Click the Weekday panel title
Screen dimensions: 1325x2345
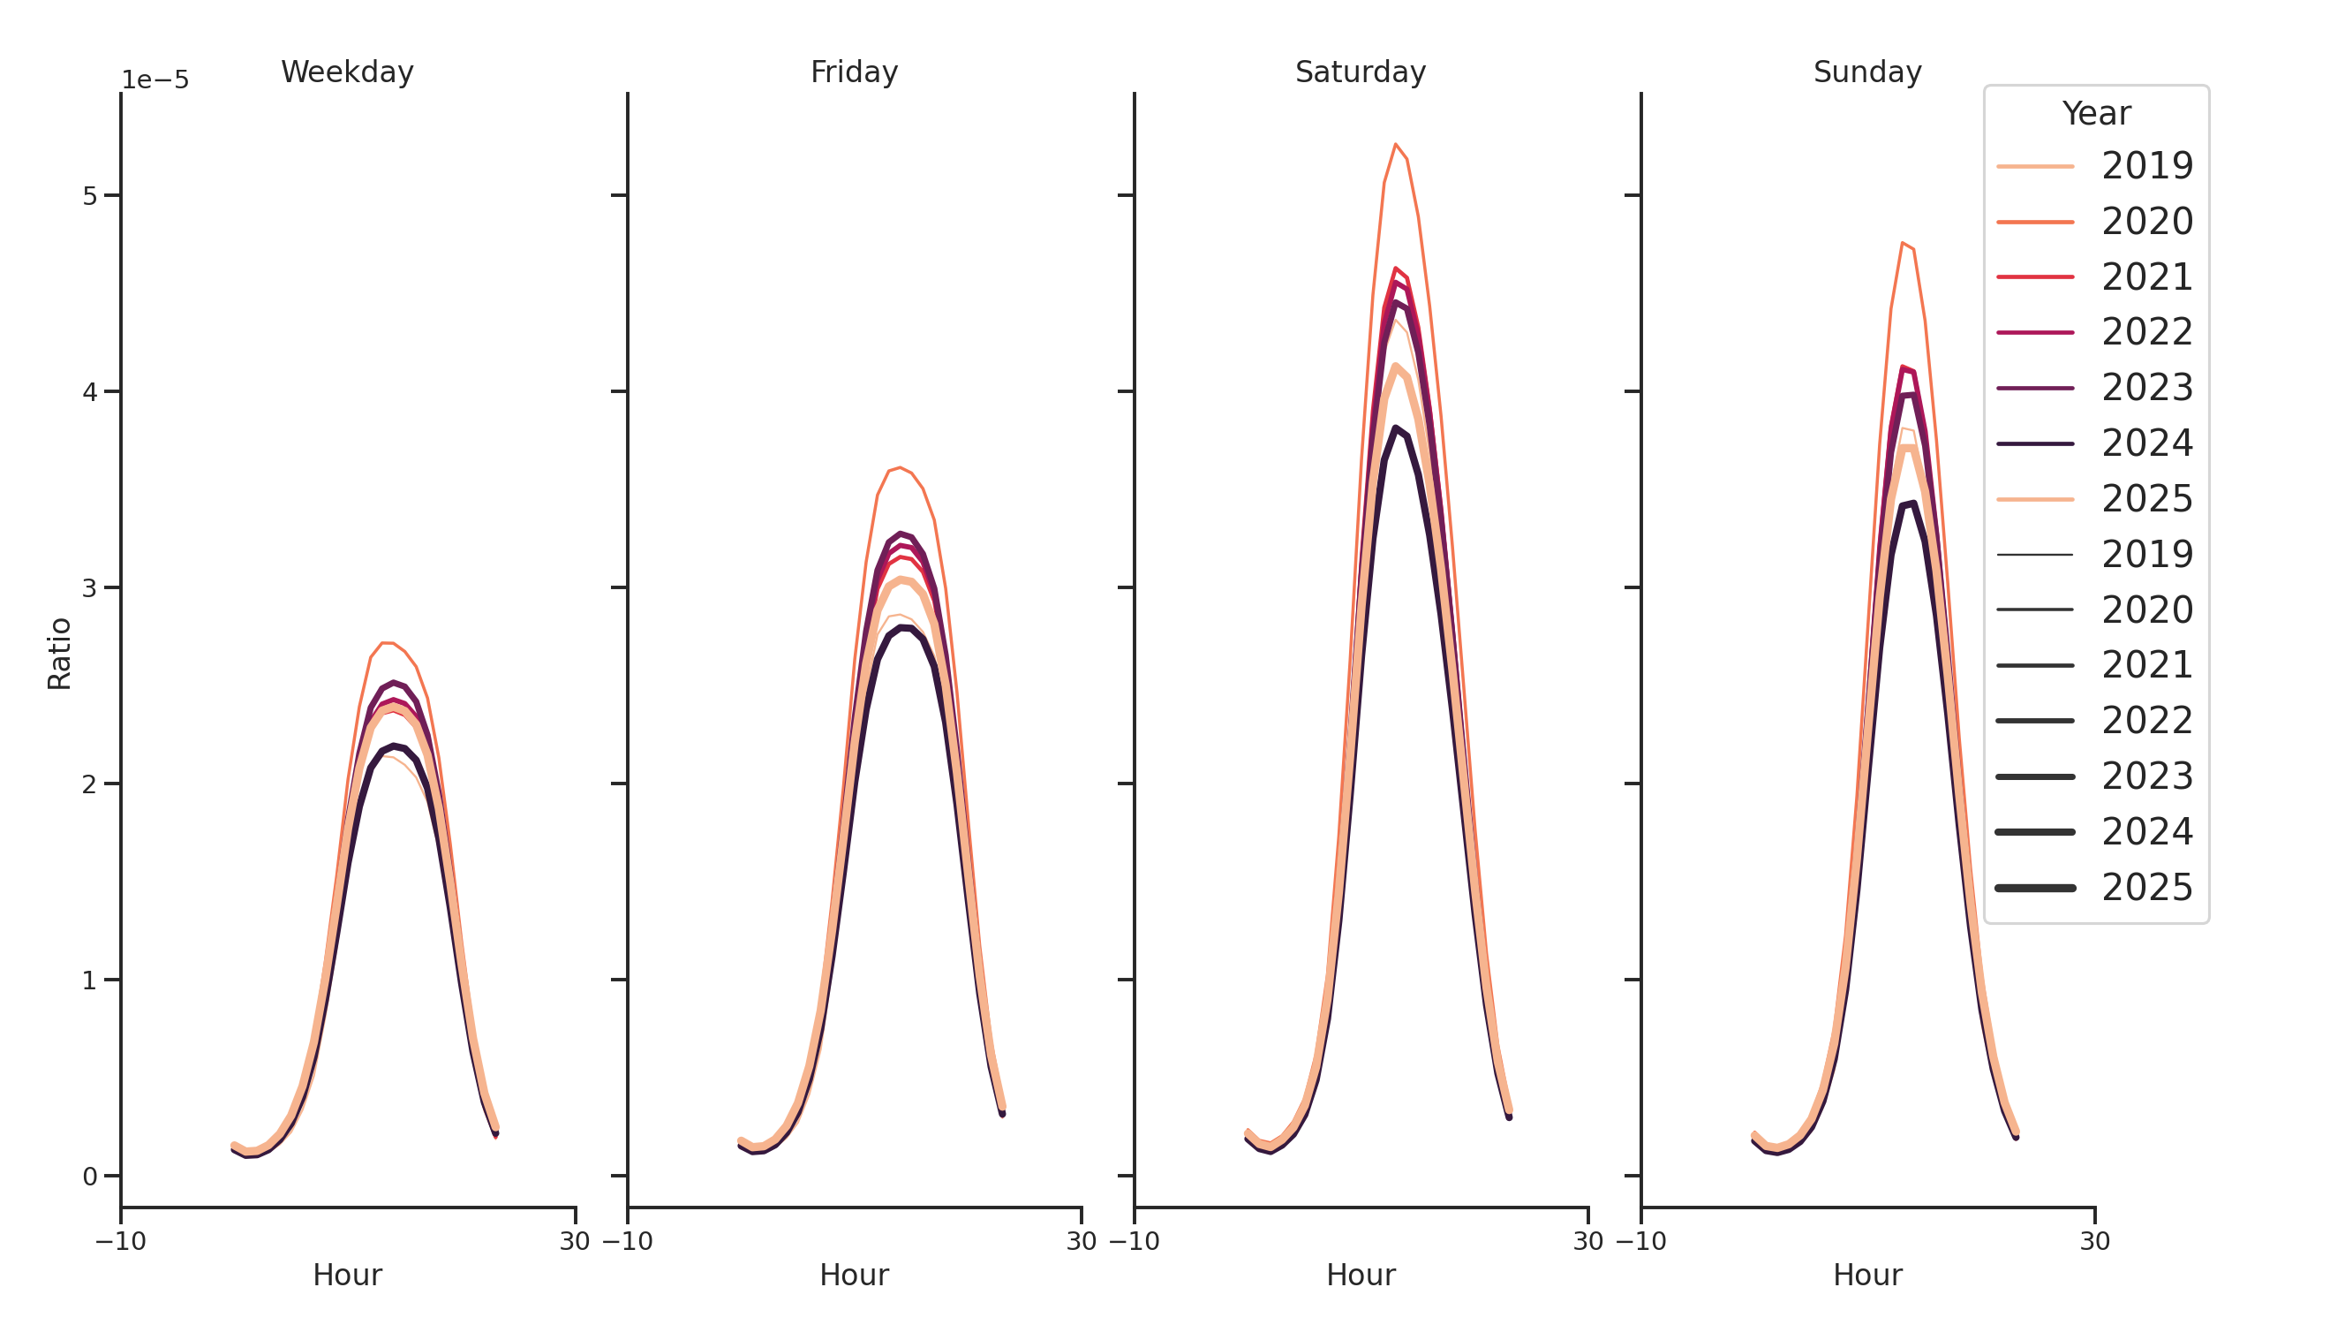347,72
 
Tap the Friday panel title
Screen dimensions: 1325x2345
854,72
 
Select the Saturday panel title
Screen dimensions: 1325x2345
1360,72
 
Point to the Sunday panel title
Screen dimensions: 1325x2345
1867,72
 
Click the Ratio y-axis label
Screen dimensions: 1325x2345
59,653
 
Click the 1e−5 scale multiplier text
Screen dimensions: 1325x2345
155,80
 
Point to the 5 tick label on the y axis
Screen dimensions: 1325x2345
89,196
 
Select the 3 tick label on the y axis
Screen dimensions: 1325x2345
89,587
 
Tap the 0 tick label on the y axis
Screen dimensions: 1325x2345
89,1177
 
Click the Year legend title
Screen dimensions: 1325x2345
2095,114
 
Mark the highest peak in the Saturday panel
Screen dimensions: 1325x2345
1395,145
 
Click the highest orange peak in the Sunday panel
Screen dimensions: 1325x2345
1903,243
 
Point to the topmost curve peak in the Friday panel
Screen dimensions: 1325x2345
900,468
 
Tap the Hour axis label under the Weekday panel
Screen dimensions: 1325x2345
347,1275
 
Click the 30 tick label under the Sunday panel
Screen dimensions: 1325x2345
2094,1241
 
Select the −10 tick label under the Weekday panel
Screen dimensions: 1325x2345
121,1241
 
